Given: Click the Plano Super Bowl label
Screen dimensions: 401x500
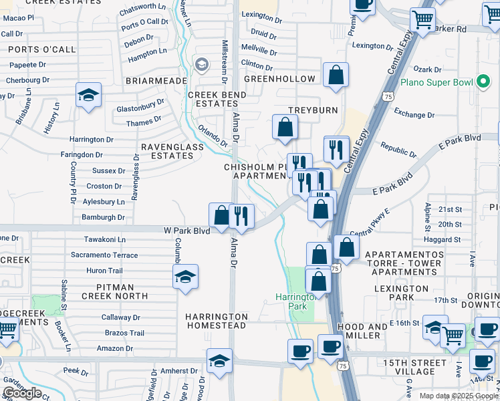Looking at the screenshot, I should (x=436, y=83).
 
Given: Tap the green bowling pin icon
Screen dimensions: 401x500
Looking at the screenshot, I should (x=483, y=82).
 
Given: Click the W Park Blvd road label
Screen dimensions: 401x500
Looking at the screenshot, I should (x=187, y=231).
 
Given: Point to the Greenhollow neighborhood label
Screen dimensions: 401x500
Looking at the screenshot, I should (x=279, y=79).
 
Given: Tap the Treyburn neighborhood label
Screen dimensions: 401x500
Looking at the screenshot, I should (x=313, y=110).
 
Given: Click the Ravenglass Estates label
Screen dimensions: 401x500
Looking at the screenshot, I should (x=167, y=151).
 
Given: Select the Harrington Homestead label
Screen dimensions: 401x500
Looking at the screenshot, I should (x=217, y=321).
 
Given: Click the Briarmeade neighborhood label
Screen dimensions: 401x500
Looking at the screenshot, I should (x=155, y=80).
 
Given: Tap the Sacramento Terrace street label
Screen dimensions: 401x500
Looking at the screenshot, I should (x=104, y=255).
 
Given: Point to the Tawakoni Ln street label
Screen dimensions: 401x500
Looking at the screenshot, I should (x=105, y=239).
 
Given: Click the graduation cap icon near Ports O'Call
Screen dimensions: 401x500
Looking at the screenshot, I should (x=88, y=96).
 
